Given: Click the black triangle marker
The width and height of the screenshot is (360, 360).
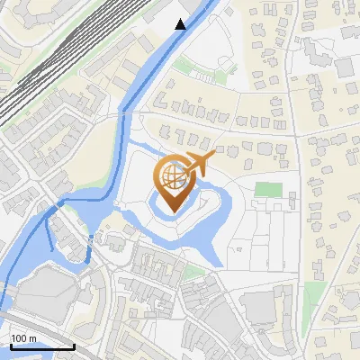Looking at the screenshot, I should coord(181,24).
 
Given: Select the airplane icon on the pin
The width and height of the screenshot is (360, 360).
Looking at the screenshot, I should coord(199,165).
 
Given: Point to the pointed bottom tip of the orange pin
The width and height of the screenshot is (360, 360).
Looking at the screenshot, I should coord(174,211).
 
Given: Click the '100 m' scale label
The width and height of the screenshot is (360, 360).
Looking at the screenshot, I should coord(24,338).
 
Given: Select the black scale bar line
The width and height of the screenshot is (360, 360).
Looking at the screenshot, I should coord(42,346).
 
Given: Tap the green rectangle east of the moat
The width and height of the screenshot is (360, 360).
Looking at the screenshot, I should coord(267,190).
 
